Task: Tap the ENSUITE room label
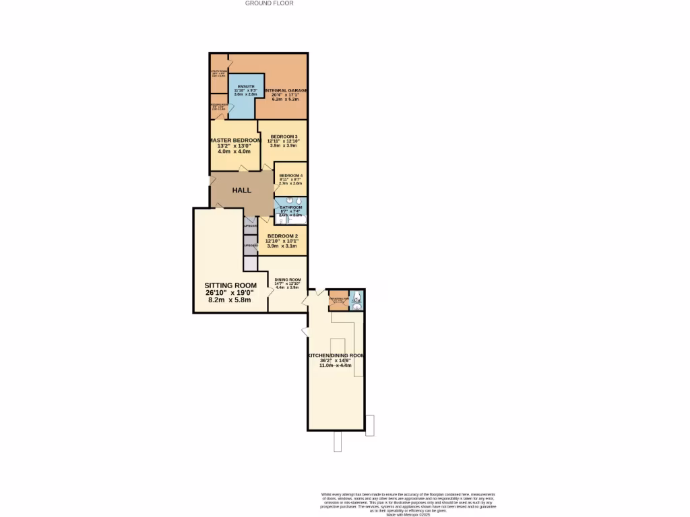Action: [245, 87]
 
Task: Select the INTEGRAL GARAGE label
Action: [286, 90]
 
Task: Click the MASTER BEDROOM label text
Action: [234, 140]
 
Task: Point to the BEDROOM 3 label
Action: [283, 137]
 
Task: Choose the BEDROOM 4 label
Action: [291, 175]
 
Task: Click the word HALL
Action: [242, 191]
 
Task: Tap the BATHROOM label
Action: [290, 207]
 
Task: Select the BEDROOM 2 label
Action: [282, 236]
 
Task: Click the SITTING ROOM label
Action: [231, 285]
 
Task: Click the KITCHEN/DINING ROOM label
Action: [336, 355]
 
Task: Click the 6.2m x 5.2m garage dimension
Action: [286, 99]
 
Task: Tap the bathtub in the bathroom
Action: [296, 219]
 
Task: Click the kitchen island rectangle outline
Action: [348, 347]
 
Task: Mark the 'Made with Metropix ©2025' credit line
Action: [408, 515]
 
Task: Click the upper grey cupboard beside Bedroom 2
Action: [250, 226]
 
